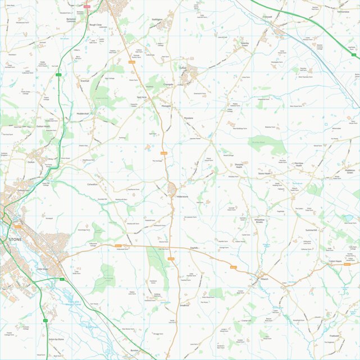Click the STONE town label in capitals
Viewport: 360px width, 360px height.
16,240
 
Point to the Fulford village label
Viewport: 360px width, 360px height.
183,67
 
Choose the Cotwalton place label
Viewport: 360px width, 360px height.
93,184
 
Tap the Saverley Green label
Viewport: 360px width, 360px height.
244,43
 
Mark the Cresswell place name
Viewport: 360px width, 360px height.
267,17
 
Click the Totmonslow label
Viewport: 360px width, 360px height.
343,11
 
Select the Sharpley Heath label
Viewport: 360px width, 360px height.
239,166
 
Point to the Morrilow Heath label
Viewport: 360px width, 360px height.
299,165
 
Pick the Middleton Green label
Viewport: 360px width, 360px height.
350,171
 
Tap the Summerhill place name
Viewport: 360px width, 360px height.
311,230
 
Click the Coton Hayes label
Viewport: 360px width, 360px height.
335,261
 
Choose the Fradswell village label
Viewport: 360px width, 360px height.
335,336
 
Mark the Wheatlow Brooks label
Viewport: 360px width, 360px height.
259,221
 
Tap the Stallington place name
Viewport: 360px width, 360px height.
157,19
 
